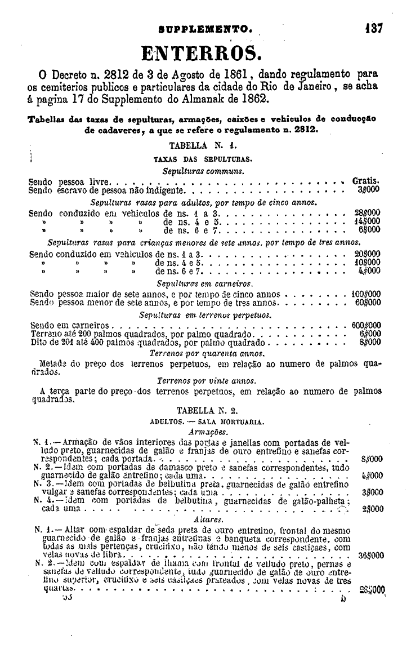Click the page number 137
click(x=373, y=28)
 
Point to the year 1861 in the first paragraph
click(x=247, y=76)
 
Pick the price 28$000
click(x=368, y=214)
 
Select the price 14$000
click(x=368, y=222)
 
